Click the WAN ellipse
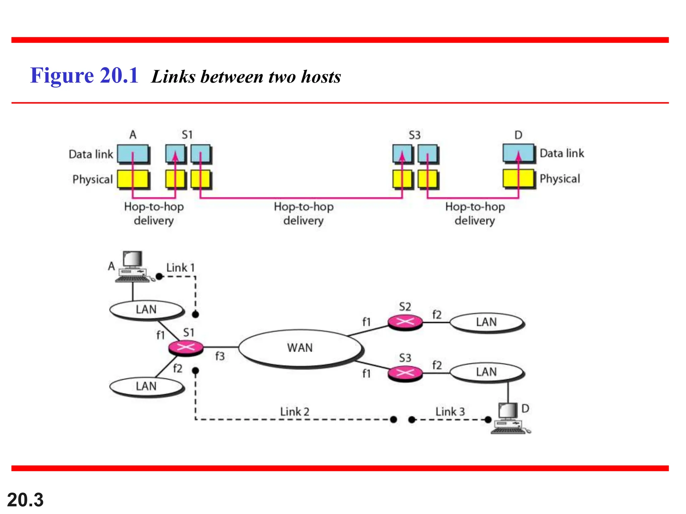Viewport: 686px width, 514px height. click(x=300, y=348)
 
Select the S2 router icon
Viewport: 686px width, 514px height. click(x=405, y=322)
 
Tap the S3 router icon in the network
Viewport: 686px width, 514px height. click(x=405, y=372)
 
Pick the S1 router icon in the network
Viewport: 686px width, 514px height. click(x=186, y=347)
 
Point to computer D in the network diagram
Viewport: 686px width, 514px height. click(x=509, y=419)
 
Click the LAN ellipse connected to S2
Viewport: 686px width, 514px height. click(x=486, y=322)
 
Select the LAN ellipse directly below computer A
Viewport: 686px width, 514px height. click(x=146, y=310)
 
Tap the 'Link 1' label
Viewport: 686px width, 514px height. click(x=180, y=268)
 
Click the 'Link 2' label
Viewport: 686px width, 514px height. click(x=295, y=412)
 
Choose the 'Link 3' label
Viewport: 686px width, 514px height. click(x=450, y=412)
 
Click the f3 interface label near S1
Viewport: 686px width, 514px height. click(x=220, y=356)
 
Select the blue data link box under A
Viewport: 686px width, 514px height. click(x=133, y=154)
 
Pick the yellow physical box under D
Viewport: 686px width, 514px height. click(x=518, y=178)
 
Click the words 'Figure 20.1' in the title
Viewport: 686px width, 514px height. click(x=84, y=76)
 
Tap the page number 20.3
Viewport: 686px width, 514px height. click(x=25, y=500)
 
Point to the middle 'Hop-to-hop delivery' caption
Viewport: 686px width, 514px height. click(x=303, y=213)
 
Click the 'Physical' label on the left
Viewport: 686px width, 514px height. click(x=92, y=179)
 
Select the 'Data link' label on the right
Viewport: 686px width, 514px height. click(x=562, y=153)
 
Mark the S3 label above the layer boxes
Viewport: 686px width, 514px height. click(x=414, y=135)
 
